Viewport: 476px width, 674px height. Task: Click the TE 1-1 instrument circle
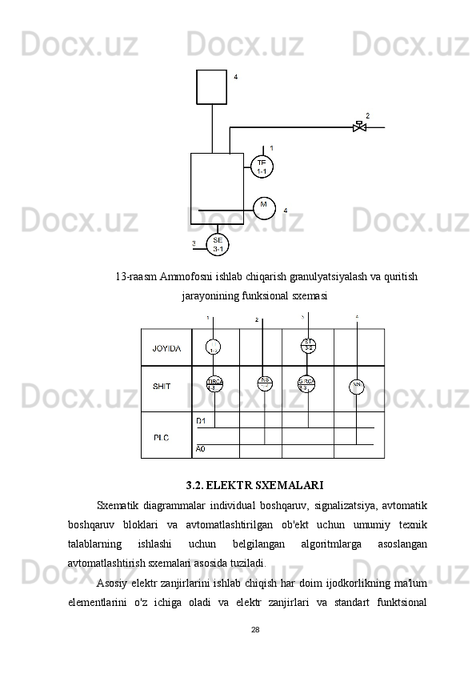262,167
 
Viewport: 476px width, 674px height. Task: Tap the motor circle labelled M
263,207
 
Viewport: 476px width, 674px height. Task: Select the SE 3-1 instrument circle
218,244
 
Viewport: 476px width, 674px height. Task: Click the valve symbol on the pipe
359,126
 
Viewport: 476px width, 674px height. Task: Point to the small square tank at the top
211,86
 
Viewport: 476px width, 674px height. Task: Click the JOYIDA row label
166,348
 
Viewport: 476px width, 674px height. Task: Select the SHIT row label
162,387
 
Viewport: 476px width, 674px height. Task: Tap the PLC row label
162,437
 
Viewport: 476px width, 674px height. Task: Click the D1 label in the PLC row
201,420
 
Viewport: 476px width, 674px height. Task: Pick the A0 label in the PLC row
201,449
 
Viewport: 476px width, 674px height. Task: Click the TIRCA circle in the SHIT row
214,384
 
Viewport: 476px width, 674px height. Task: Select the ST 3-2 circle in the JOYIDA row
309,346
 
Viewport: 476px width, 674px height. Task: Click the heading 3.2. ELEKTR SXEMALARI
254,485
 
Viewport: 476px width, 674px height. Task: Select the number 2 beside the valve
367,115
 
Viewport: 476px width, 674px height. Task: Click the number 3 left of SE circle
193,243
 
